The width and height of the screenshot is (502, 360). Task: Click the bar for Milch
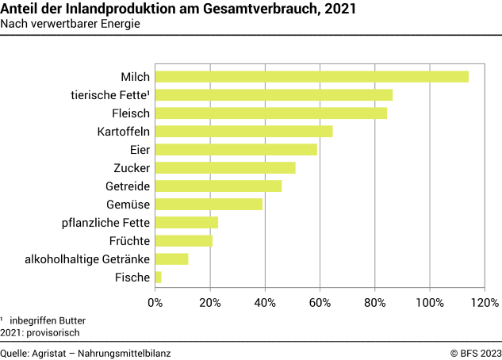pyautogui.click(x=312, y=77)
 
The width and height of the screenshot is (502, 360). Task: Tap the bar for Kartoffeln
pyautogui.click(x=243, y=132)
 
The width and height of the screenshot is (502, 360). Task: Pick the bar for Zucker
pyautogui.click(x=225, y=168)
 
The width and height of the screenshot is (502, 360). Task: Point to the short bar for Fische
pyautogui.click(x=159, y=278)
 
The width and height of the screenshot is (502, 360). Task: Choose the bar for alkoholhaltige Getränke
pyautogui.click(x=171, y=259)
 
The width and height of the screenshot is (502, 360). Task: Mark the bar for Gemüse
pyautogui.click(x=209, y=205)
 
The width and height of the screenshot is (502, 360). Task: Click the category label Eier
pyautogui.click(x=140, y=150)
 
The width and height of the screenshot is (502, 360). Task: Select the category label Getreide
pyautogui.click(x=128, y=186)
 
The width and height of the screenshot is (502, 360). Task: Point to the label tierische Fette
pyautogui.click(x=110, y=95)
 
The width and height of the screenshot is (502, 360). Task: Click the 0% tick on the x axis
pyautogui.click(x=155, y=302)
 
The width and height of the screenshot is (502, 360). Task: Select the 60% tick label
pyautogui.click(x=320, y=302)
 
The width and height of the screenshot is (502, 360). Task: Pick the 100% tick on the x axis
pyautogui.click(x=430, y=302)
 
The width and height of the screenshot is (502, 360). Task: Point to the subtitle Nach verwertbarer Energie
pyautogui.click(x=71, y=24)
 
